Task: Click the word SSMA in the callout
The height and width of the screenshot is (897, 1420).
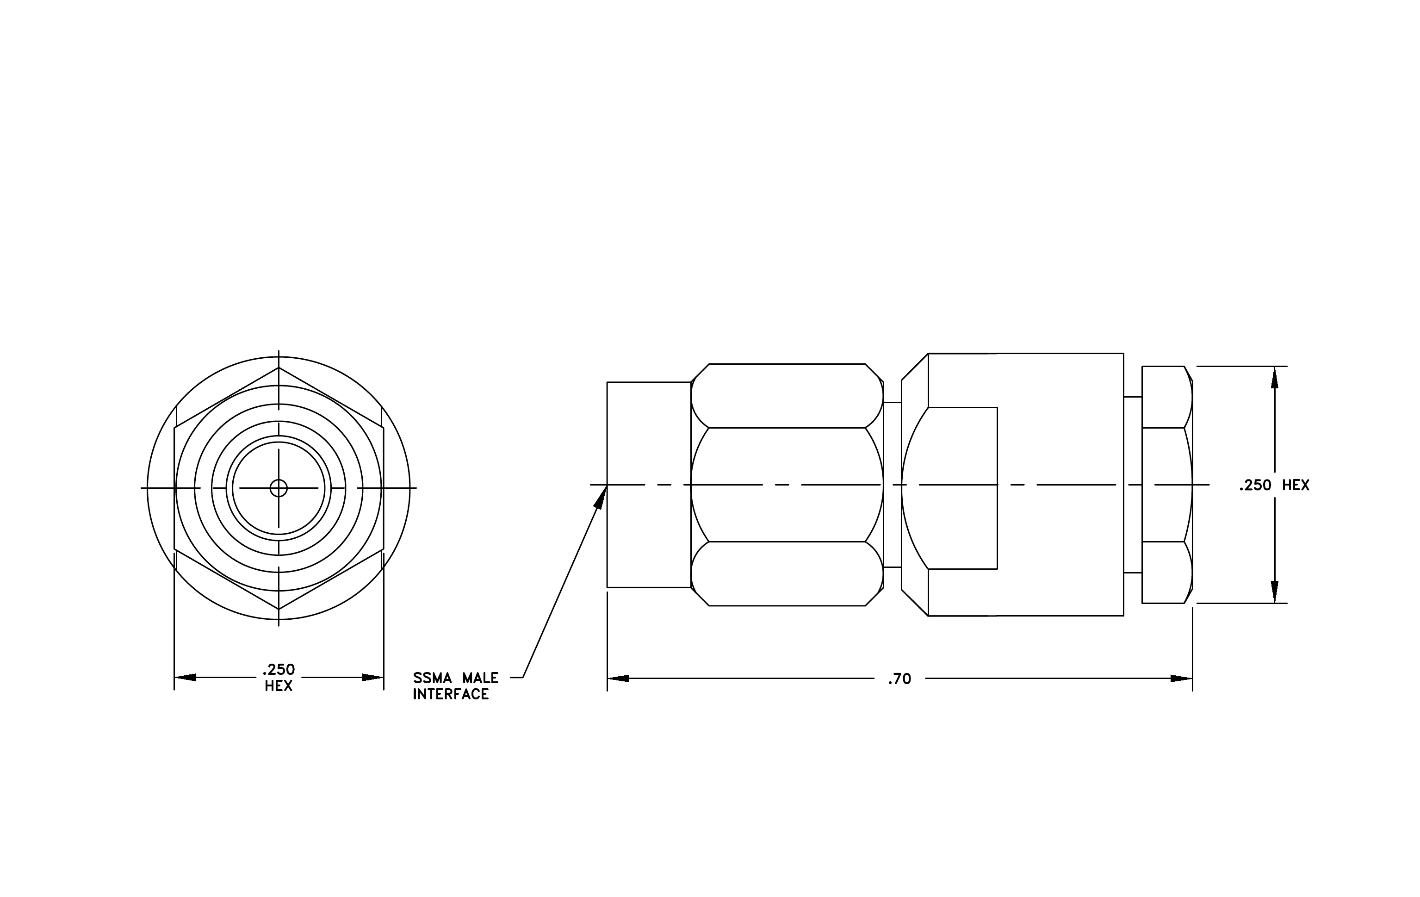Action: [432, 678]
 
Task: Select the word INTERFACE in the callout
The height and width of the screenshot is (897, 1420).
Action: [451, 695]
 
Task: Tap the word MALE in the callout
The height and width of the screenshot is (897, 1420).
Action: [481, 678]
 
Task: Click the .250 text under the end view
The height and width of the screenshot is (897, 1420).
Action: [279, 670]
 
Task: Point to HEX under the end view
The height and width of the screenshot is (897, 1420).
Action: [279, 686]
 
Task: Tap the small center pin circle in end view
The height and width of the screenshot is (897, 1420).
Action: [279, 488]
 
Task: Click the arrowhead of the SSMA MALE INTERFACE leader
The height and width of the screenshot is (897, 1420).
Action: [601, 497]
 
